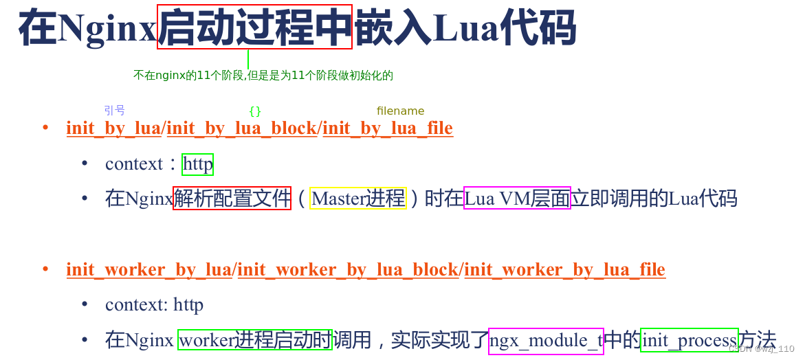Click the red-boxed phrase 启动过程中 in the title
pos(254,27)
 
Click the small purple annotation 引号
pos(114,110)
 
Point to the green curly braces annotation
pos(255,111)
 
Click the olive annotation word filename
pos(400,111)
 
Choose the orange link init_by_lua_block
pos(242,128)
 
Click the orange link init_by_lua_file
pos(388,128)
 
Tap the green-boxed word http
pos(198,165)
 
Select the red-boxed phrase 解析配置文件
pos(232,199)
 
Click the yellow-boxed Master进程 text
pos(358,199)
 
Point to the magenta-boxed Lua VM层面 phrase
pos(517,199)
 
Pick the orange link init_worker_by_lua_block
pos(348,270)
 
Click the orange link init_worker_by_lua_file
pos(564,270)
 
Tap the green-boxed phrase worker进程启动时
pos(255,339)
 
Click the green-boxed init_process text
pos(689,340)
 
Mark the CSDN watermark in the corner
pos(761,349)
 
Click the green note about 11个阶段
pos(263,76)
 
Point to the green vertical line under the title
pos(247,59)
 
